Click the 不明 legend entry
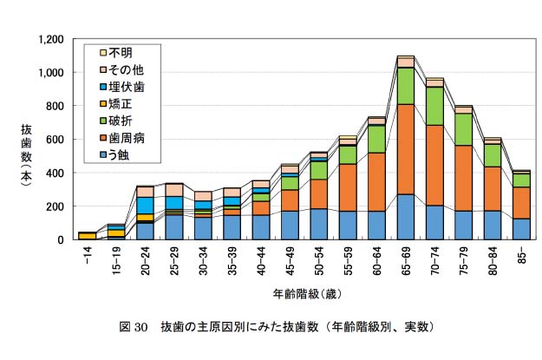[x=116, y=53]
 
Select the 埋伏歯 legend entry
[x=121, y=87]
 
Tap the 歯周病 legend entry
[x=121, y=138]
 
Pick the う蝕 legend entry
[x=114, y=154]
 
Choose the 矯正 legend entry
[x=116, y=104]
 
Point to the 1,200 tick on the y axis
[x=51, y=40]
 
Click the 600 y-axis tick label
[x=56, y=140]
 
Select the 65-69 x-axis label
[x=406, y=261]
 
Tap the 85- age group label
[x=522, y=255]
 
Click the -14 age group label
[x=88, y=255]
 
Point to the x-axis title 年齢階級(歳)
[x=307, y=294]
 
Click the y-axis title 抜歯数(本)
[x=26, y=155]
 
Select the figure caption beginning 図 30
[x=277, y=327]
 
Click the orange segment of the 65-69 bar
[x=406, y=149]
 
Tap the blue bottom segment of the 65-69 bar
[x=406, y=217]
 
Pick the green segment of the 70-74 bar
[x=434, y=106]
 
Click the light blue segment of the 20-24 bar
[x=146, y=206]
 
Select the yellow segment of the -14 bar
[x=88, y=236]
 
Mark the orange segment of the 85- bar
[x=521, y=203]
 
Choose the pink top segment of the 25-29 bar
[x=174, y=190]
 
